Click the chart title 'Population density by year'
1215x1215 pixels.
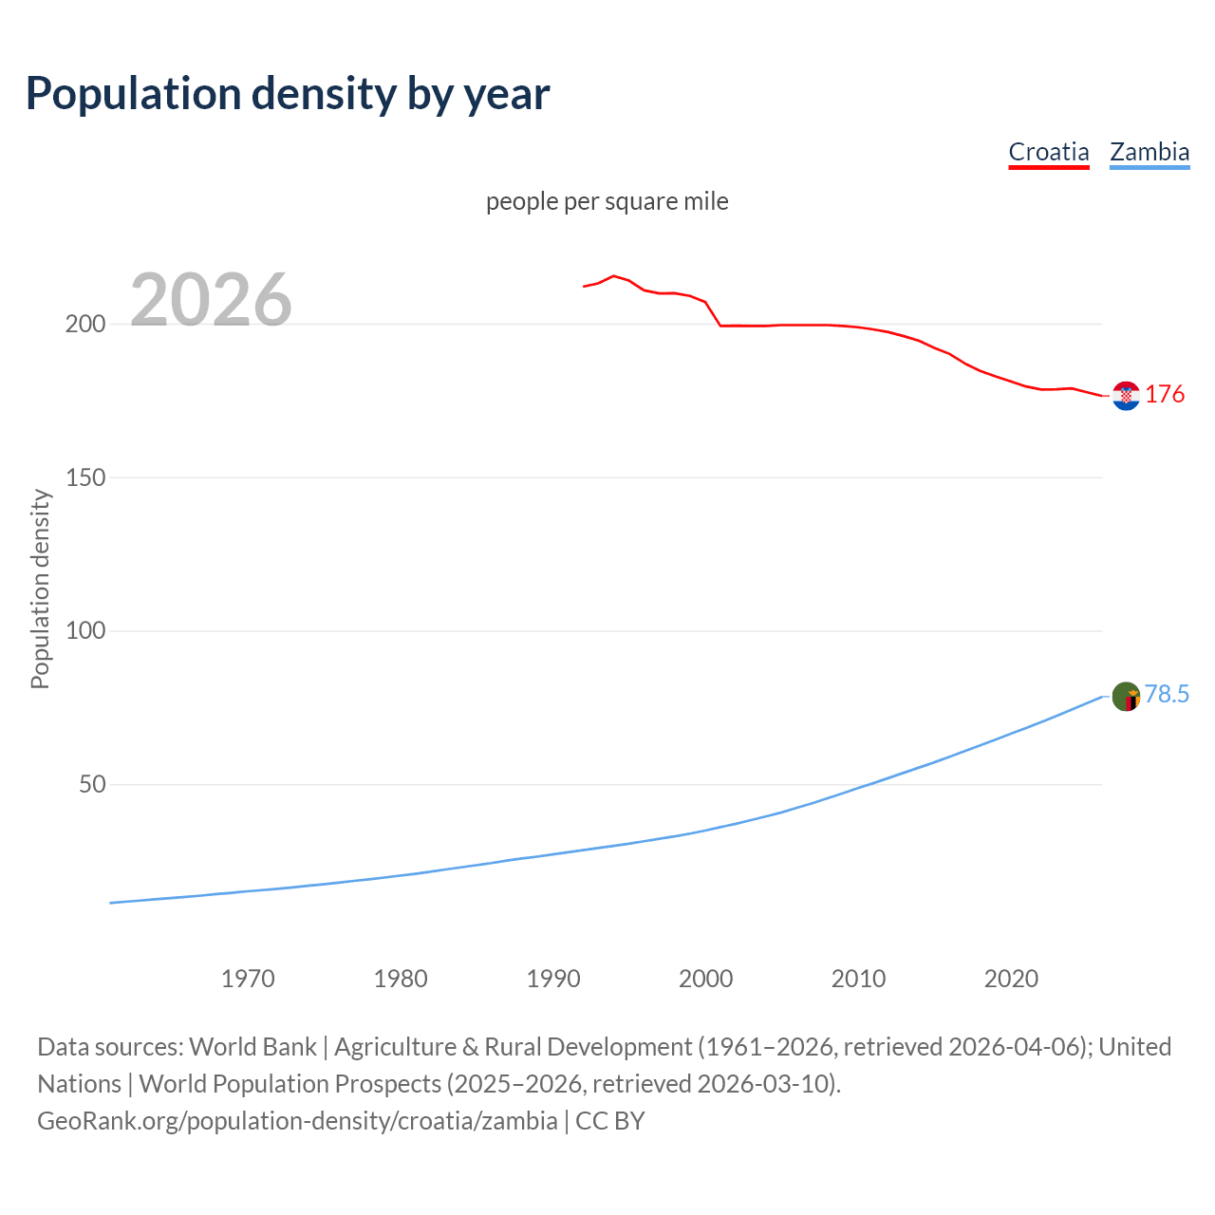tap(288, 93)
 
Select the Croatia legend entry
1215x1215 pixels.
tap(1048, 152)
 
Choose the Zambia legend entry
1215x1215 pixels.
tap(1149, 152)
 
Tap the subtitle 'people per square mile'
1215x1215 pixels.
tap(607, 201)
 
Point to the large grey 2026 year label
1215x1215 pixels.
tap(211, 300)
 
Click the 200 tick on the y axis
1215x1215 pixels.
tap(84, 325)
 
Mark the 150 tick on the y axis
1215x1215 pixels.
tap(84, 477)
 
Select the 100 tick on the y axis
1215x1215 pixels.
tap(84, 631)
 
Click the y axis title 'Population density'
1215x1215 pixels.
tap(40, 589)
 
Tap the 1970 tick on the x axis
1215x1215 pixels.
tap(248, 979)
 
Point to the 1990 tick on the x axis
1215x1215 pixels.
tap(553, 979)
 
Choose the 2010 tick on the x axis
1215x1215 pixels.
tap(858, 979)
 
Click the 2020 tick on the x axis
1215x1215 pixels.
tap(1011, 979)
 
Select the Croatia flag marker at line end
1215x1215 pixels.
tap(1126, 396)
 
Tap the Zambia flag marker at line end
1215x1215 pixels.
tap(1126, 697)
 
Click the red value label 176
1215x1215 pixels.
tap(1165, 394)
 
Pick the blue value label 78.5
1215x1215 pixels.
tap(1167, 695)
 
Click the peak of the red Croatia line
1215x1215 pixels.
tap(613, 275)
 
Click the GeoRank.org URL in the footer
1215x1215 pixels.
tap(297, 1121)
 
